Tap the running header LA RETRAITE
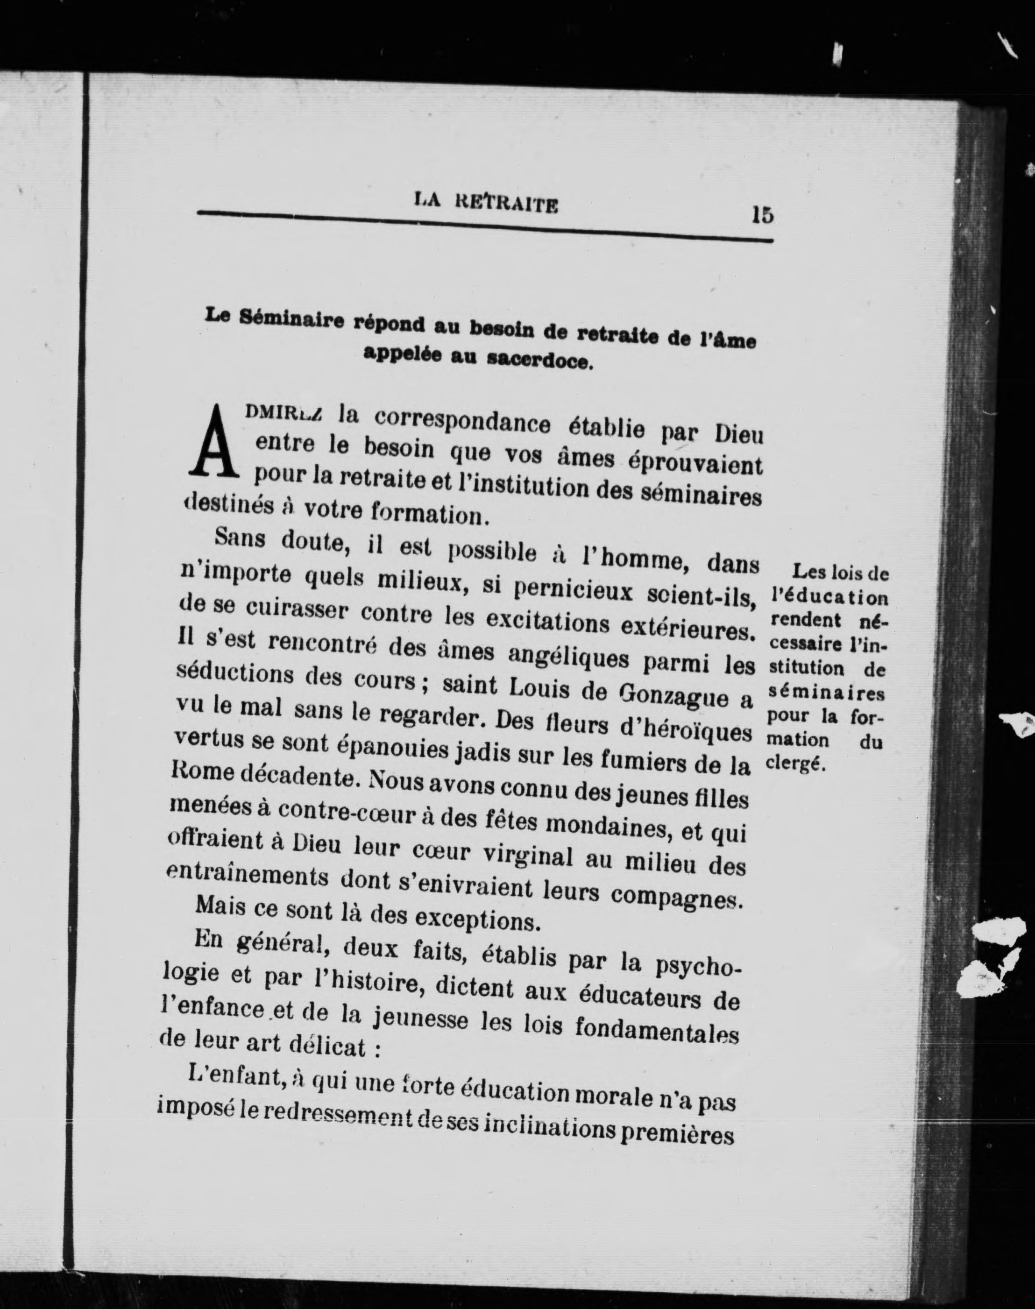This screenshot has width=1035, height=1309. pos(486,203)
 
